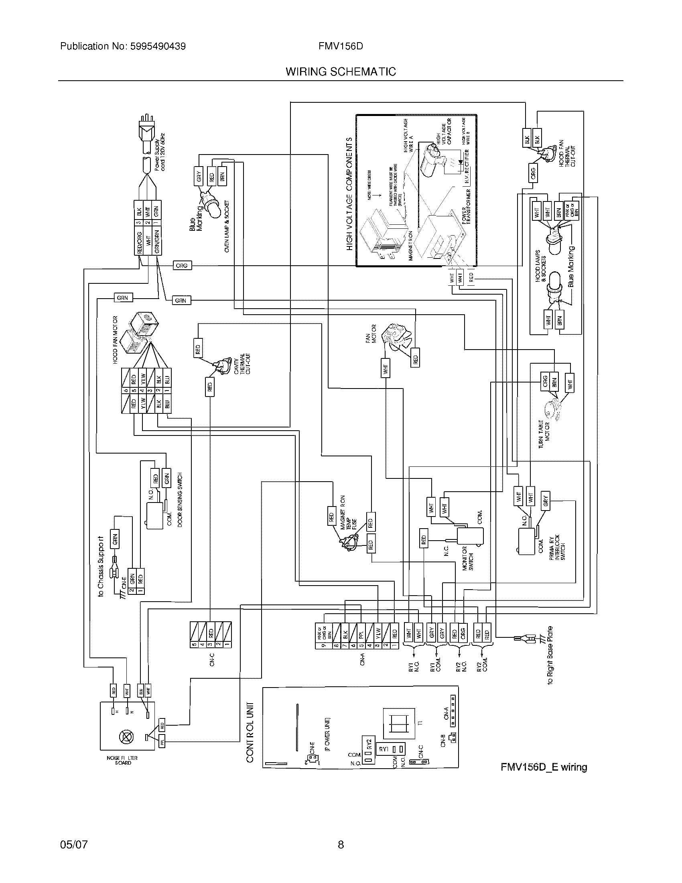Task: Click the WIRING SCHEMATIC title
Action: [341, 72]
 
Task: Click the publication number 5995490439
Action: [158, 47]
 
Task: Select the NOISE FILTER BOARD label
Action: [122, 760]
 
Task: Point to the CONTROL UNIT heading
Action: [250, 732]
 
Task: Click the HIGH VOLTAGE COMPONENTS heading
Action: [349, 194]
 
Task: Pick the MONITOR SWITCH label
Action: [467, 558]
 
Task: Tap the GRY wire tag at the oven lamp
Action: [198, 176]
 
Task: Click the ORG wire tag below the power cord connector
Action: [182, 266]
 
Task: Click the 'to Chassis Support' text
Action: [101, 566]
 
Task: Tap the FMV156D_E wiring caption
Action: [544, 767]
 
